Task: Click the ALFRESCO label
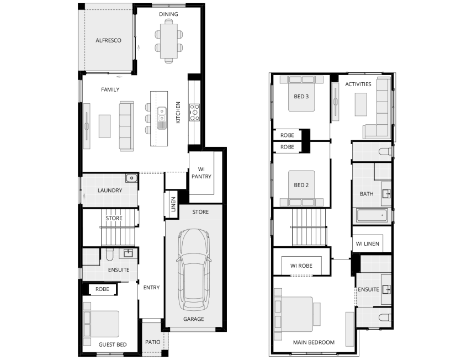108,40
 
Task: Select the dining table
168,40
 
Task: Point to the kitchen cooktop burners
195,112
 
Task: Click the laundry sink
130,178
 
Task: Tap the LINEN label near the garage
173,204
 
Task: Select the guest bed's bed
102,324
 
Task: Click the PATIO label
152,342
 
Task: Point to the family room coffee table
105,125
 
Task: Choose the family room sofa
126,126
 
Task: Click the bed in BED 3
300,94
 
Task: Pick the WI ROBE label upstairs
301,266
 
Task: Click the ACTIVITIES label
358,84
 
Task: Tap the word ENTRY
151,287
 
